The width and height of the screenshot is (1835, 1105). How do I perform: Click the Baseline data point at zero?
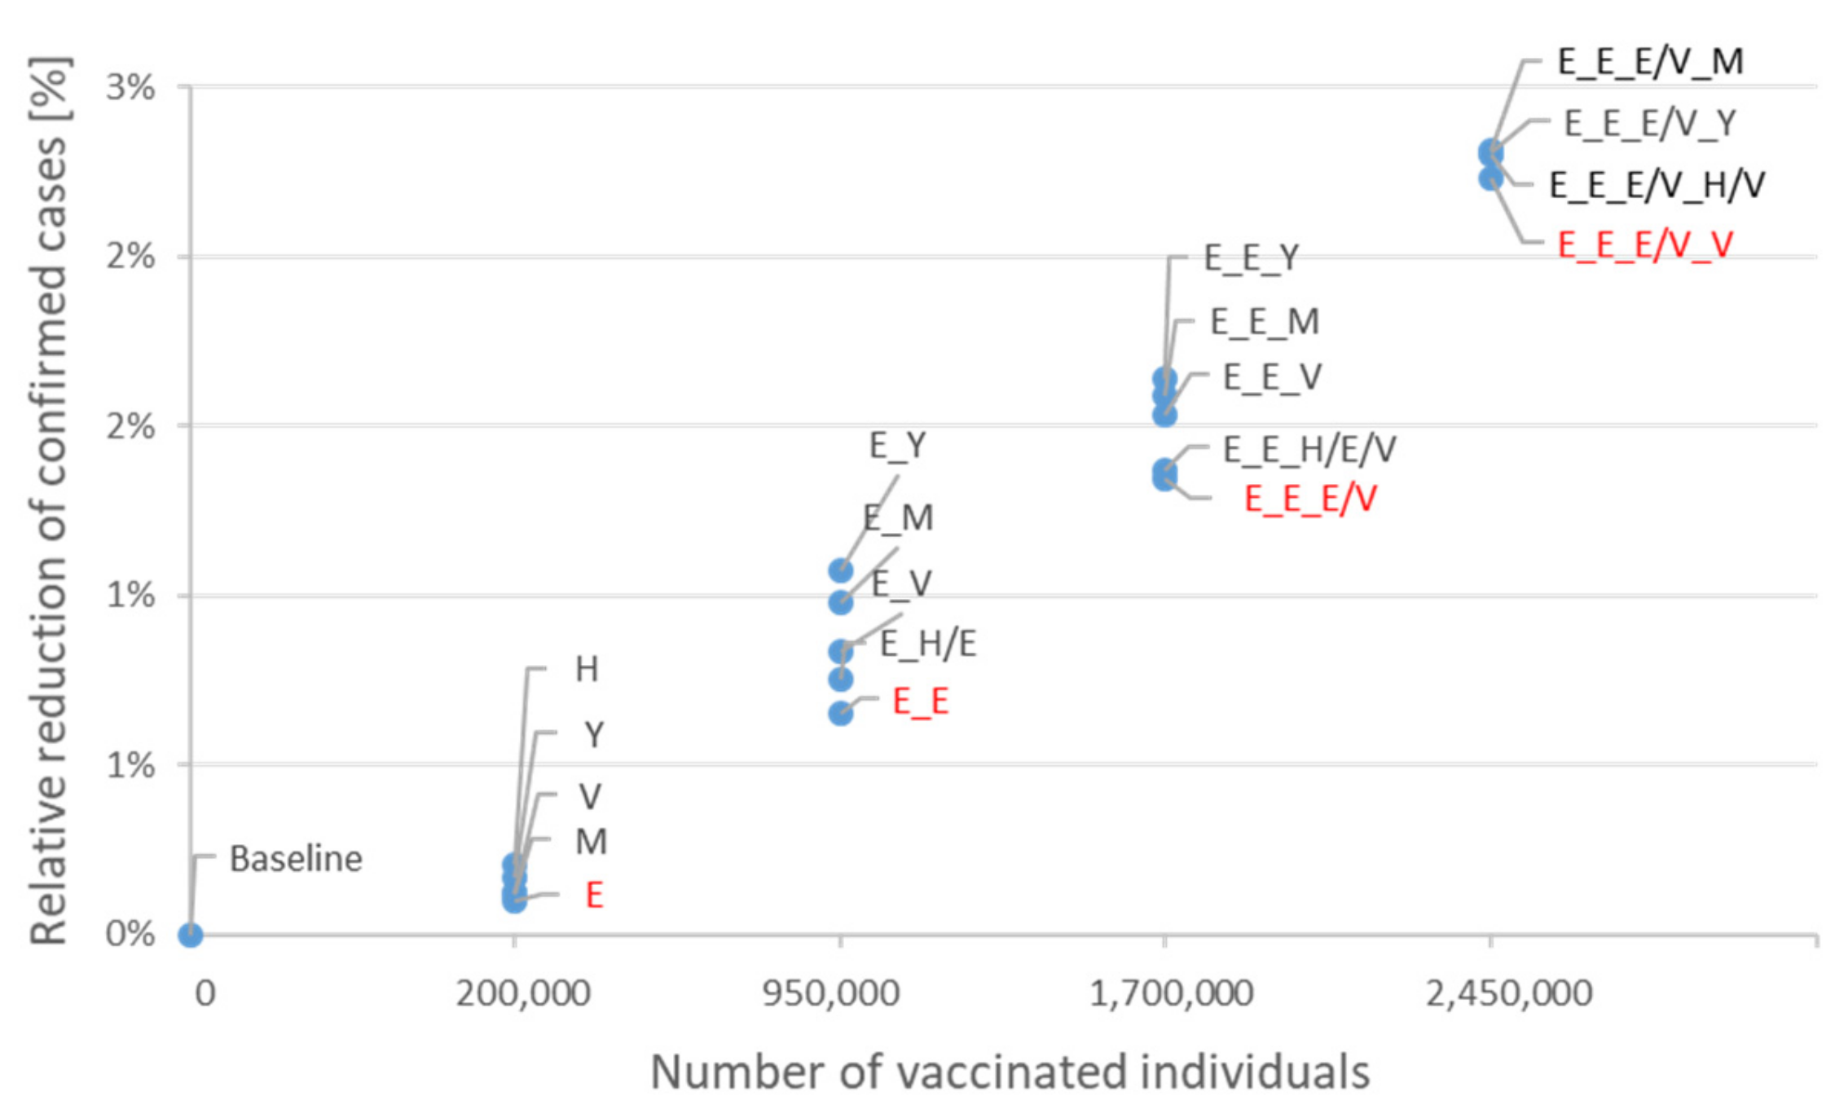(x=190, y=934)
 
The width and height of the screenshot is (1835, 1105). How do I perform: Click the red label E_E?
(x=920, y=702)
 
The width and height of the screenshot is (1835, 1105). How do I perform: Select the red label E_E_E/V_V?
(x=1644, y=244)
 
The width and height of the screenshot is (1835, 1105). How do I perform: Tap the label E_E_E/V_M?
(x=1650, y=62)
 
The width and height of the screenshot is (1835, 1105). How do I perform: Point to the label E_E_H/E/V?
(x=1309, y=449)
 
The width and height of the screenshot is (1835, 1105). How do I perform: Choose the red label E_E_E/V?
(x=1309, y=499)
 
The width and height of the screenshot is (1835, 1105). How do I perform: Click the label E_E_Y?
(x=1251, y=258)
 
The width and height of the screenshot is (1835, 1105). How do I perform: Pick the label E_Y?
(x=897, y=446)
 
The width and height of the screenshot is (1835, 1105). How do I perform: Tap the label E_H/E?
(x=927, y=644)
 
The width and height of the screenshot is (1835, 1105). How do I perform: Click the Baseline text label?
(x=296, y=859)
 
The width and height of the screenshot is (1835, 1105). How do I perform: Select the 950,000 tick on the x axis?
(x=830, y=993)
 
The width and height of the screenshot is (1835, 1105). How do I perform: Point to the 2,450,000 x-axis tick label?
(x=1509, y=993)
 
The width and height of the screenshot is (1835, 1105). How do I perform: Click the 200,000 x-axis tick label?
(x=523, y=993)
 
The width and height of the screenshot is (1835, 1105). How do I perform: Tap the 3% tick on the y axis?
(x=130, y=87)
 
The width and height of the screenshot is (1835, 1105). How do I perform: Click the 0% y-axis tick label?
(x=130, y=934)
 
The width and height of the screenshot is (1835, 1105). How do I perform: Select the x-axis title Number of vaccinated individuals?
(x=1010, y=1071)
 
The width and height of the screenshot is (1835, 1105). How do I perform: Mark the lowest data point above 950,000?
(x=840, y=714)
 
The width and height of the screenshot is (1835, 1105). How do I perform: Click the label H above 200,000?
(x=587, y=669)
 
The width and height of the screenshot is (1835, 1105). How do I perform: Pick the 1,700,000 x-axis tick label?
(x=1171, y=993)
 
